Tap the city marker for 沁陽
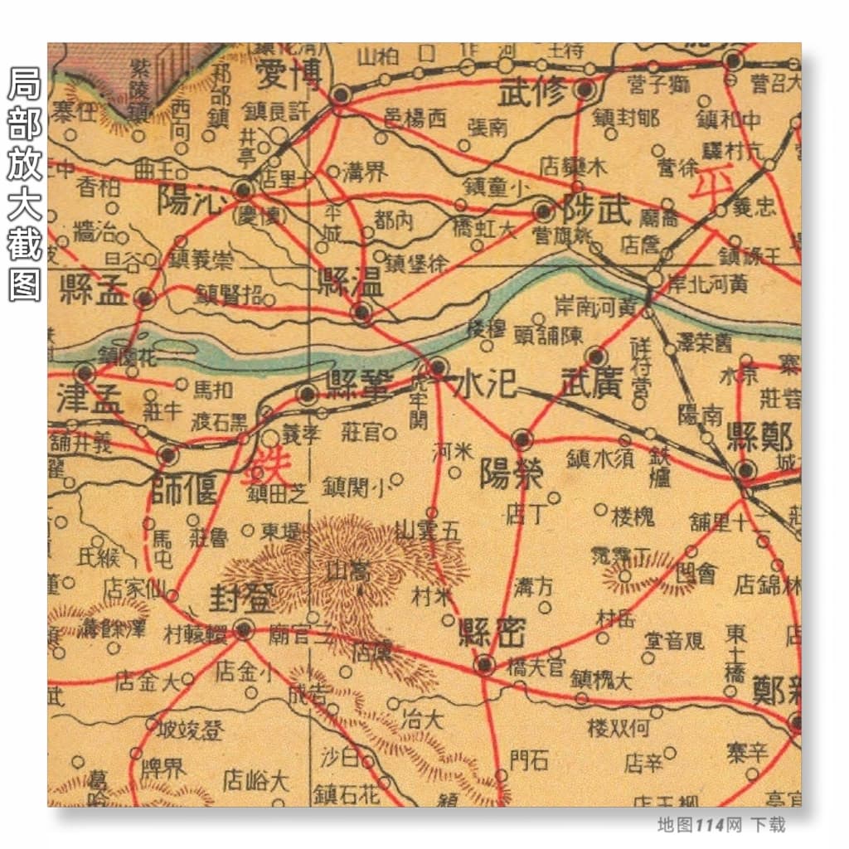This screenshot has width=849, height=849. pos(243,190)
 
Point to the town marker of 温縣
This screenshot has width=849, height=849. pos(361,313)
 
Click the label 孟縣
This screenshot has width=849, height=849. pos(95,291)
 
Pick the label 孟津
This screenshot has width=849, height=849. pos(90,400)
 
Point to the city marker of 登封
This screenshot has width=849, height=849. pos(243,628)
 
